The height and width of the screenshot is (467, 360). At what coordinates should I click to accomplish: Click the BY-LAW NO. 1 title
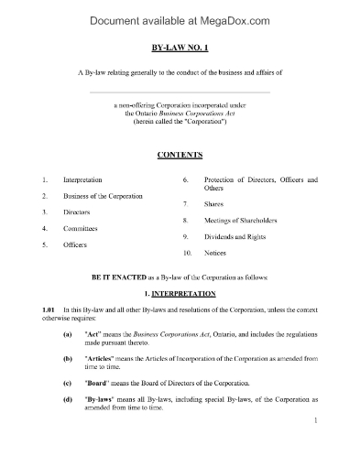pyautogui.click(x=180, y=46)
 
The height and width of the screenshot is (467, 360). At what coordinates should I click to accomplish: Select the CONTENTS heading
pyautogui.click(x=180, y=155)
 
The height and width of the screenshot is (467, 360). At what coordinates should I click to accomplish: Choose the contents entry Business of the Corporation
pyautogui.click(x=103, y=196)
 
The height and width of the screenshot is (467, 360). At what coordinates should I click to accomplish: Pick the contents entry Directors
pyautogui.click(x=78, y=212)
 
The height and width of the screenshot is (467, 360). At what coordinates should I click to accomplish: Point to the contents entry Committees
pyautogui.click(x=82, y=227)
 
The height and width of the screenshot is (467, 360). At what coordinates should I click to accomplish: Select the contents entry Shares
pyautogui.click(x=214, y=203)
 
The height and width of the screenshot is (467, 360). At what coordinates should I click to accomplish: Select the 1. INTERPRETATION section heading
pyautogui.click(x=180, y=293)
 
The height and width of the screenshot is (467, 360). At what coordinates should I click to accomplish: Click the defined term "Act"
pyautogui.click(x=93, y=336)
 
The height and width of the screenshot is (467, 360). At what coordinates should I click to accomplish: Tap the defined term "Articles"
pyautogui.click(x=100, y=359)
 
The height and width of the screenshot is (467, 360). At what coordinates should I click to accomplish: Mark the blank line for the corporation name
pyautogui.click(x=180, y=93)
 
